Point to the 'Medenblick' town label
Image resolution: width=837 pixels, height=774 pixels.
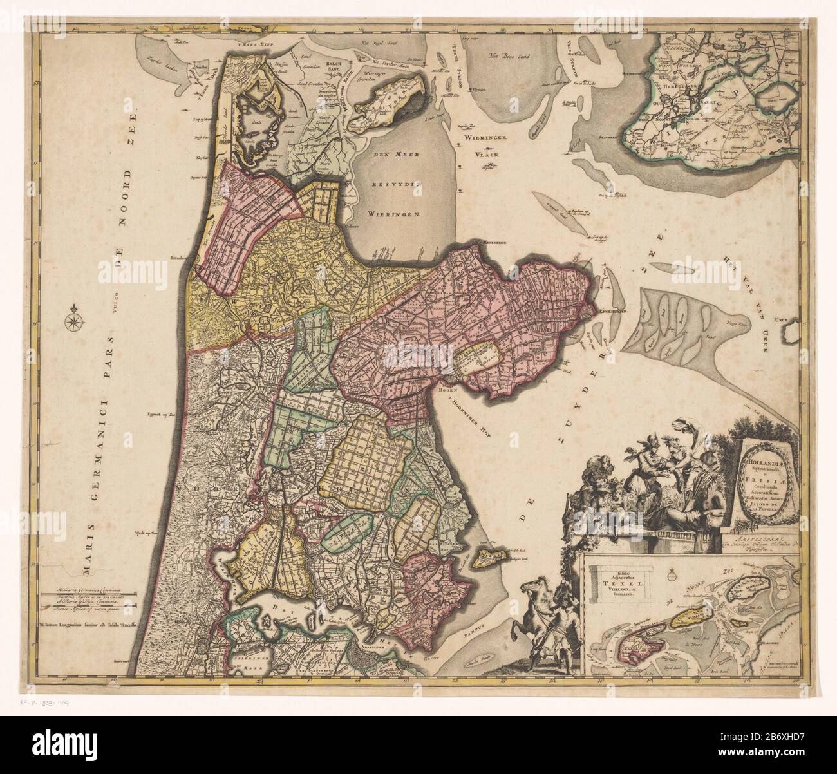pos(487,243)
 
